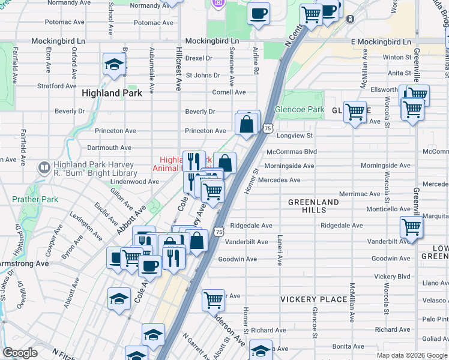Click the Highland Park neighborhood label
click(112, 93)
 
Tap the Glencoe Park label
click(299, 110)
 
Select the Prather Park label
click(28, 199)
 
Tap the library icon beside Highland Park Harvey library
click(43, 167)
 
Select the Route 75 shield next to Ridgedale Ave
click(219, 231)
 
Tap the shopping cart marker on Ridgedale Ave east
click(411, 227)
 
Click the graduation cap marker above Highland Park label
click(113, 65)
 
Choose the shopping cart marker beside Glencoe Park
click(355, 111)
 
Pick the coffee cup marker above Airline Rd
click(258, 14)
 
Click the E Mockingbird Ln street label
click(381, 42)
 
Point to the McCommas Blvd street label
click(291, 152)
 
